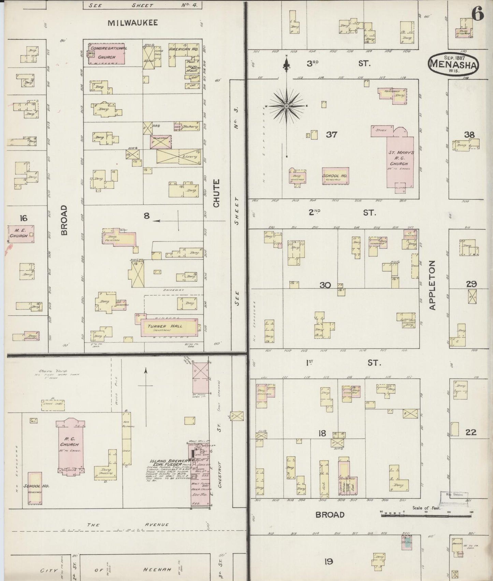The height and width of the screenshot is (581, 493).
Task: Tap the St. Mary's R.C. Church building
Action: [x=400, y=159]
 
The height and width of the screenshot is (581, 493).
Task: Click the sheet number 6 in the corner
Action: [x=477, y=14]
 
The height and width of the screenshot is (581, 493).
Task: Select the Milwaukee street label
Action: [x=133, y=23]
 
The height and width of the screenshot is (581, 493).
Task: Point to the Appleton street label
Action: [x=432, y=285]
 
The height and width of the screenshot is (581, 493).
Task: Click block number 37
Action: [x=331, y=134]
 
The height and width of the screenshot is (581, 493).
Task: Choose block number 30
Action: [x=325, y=285]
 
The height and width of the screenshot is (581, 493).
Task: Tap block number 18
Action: [x=322, y=433]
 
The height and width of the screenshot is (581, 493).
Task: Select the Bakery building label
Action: [x=190, y=127]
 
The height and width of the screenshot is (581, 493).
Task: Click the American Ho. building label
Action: [x=184, y=49]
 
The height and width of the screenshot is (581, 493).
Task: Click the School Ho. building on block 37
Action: [x=335, y=176]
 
